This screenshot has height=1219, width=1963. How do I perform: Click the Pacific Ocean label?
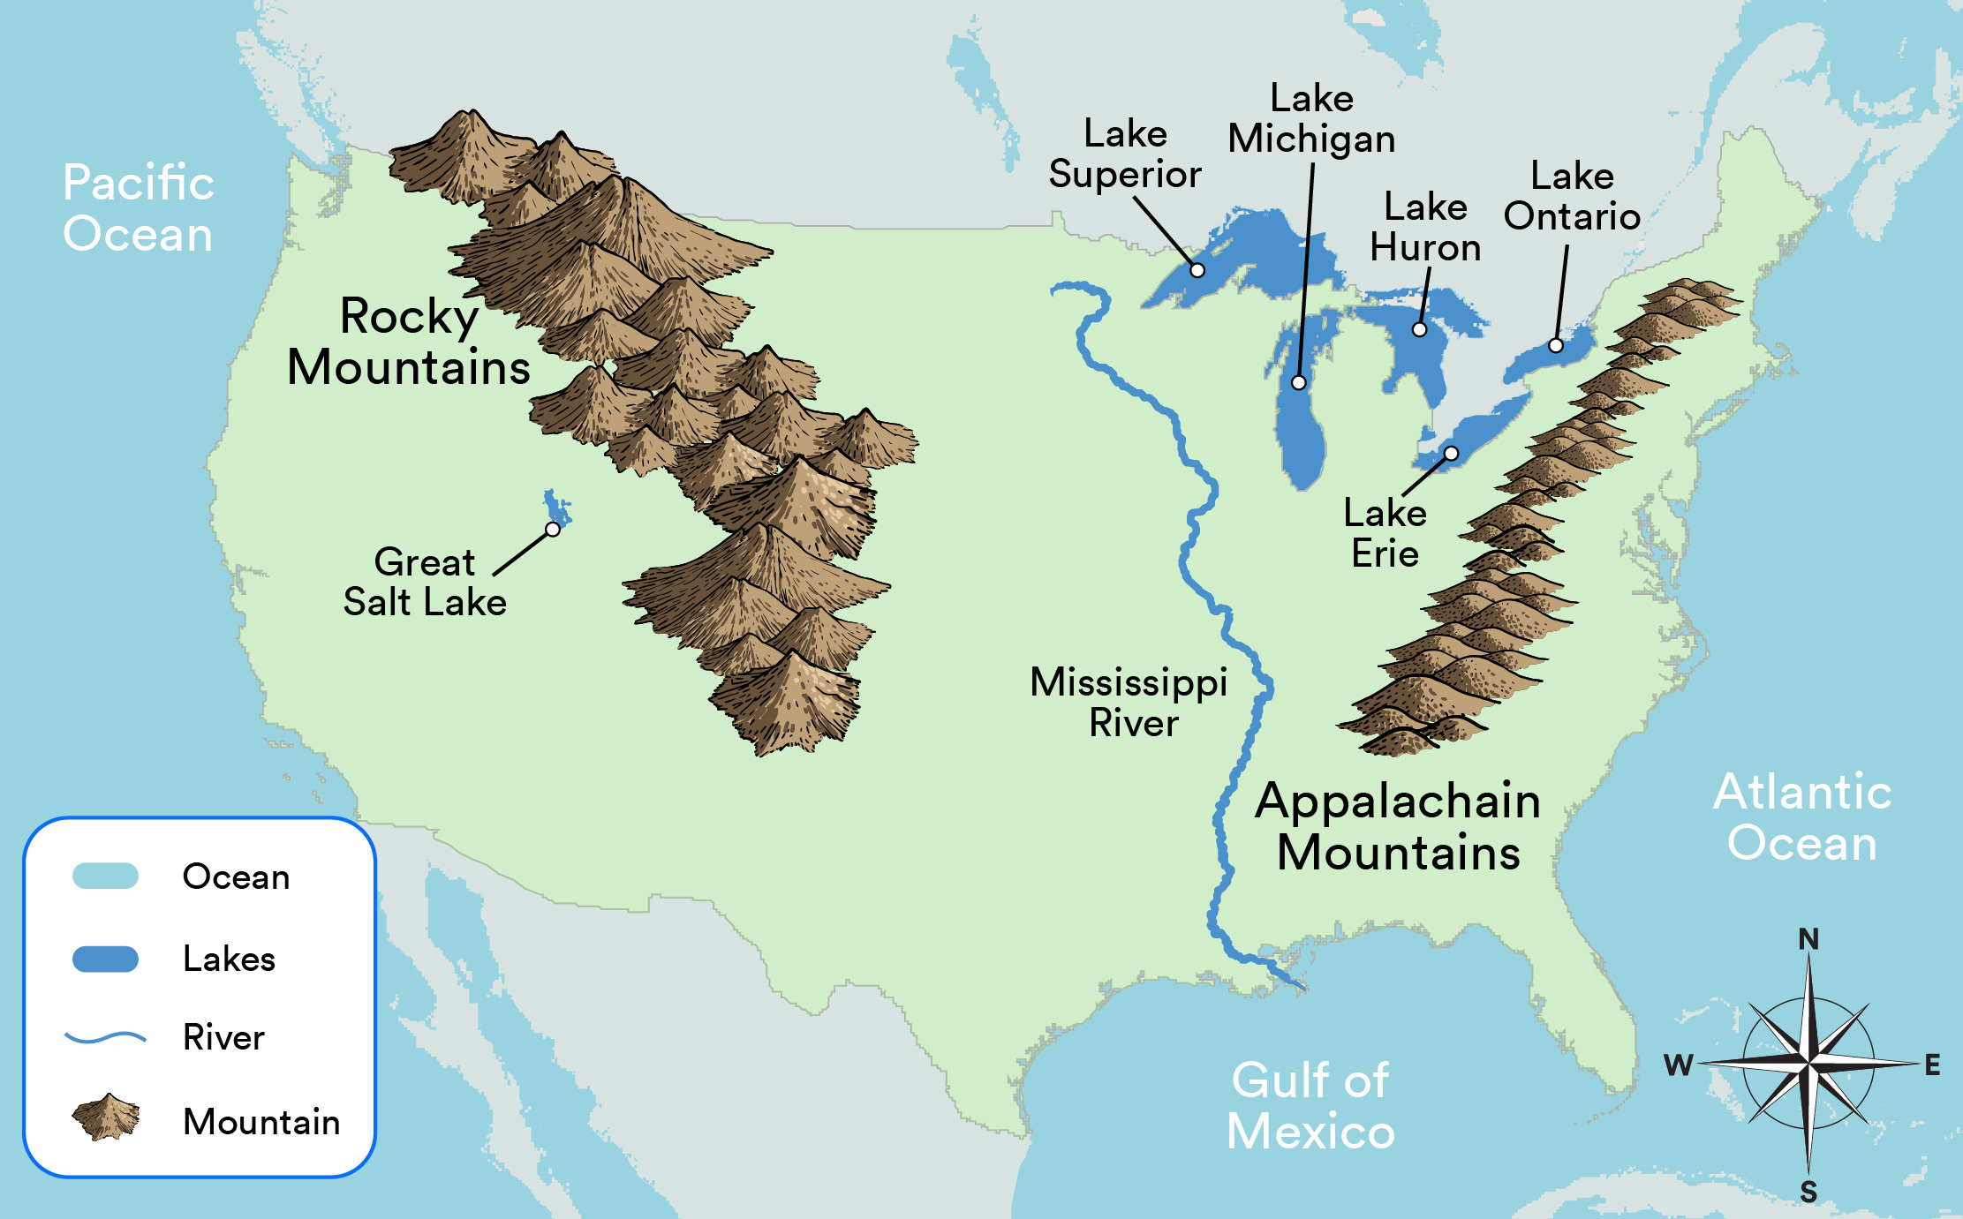(x=139, y=208)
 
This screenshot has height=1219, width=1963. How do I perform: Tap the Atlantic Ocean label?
(x=1802, y=816)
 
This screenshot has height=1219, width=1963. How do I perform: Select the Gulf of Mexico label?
(x=1310, y=1106)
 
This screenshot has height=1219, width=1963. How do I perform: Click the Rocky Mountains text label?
(x=409, y=342)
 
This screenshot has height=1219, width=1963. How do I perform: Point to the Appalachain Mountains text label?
(x=1399, y=826)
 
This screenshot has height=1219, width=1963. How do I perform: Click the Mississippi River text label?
(x=1129, y=703)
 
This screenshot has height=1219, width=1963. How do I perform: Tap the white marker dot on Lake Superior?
(x=1197, y=270)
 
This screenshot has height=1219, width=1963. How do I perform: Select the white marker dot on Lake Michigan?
(x=1298, y=382)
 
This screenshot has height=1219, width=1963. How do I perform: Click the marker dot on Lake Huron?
(x=1419, y=329)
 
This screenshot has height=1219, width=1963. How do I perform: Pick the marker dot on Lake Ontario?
(x=1556, y=345)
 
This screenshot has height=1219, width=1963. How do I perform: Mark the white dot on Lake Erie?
(x=1451, y=454)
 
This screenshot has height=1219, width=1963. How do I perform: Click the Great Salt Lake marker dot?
(x=553, y=530)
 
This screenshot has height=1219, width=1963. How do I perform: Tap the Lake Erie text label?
(x=1385, y=533)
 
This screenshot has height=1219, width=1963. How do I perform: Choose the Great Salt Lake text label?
(x=425, y=583)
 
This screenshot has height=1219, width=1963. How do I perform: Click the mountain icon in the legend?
(x=106, y=1117)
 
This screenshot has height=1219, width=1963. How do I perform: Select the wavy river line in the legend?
(x=105, y=1037)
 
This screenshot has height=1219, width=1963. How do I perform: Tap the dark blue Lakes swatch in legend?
(x=105, y=959)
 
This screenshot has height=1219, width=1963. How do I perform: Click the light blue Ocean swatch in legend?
(x=105, y=876)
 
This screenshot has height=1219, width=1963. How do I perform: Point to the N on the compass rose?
(x=1808, y=939)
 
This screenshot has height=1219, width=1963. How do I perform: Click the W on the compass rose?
(x=1678, y=1065)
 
